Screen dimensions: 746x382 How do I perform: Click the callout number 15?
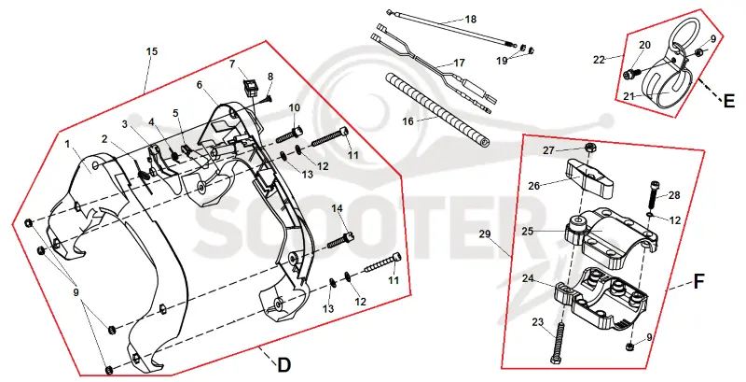click(151, 51)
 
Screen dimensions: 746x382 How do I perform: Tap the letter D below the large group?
click(283, 365)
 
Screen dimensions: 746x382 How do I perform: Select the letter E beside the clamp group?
click(729, 101)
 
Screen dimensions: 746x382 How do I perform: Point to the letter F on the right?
click(698, 281)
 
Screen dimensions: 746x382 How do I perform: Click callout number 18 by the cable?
click(471, 19)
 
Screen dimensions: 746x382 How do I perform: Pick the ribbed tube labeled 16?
click(436, 107)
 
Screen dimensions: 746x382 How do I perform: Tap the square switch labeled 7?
click(251, 87)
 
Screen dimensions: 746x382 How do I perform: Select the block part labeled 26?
click(588, 178)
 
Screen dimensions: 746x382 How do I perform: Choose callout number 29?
click(484, 233)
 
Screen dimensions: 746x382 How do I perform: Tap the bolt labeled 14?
click(341, 240)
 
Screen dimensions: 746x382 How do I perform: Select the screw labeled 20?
click(630, 74)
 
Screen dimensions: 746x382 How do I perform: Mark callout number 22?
click(599, 60)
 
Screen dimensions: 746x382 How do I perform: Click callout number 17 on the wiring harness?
click(459, 63)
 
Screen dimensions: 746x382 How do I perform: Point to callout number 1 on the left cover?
click(67, 144)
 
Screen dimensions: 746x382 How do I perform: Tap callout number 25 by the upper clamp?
click(527, 232)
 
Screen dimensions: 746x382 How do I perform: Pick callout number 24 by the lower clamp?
click(528, 278)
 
